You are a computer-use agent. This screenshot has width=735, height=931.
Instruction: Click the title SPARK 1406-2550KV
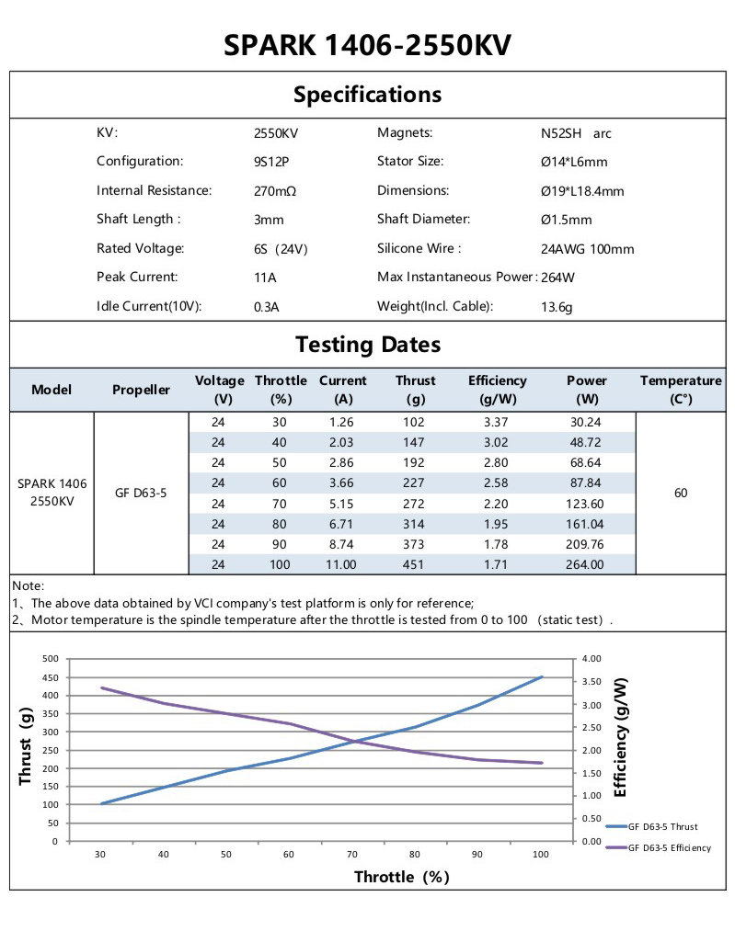pos(367,45)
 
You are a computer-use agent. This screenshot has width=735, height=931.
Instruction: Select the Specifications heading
pos(367,95)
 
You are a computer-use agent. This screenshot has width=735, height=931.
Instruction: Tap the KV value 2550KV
pos(276,133)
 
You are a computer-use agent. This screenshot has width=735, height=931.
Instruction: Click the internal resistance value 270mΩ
pos(274,191)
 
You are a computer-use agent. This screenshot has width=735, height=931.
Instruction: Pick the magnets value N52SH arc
pos(576,133)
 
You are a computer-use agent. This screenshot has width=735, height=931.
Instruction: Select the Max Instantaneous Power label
pos(456,277)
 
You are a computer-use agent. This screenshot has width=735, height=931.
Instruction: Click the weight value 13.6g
pos(557,307)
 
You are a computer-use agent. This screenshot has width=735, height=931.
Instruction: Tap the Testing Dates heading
pos(367,345)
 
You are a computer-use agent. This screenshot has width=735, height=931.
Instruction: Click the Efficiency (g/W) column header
pos(497,390)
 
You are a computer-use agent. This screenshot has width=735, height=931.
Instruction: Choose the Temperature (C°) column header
pos(681,390)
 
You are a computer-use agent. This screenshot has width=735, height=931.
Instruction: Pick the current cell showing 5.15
pos(342,504)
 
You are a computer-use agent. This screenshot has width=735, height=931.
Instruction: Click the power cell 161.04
pos(587,524)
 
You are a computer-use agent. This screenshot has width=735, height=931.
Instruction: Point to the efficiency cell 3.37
pos(497,423)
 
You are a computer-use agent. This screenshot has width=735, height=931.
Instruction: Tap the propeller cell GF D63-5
pos(141,493)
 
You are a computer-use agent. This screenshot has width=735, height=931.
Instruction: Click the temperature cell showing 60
pos(681,493)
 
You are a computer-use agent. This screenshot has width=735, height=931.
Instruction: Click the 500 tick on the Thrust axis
pos(51,659)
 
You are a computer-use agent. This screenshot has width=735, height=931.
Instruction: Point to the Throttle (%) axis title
pos(402,877)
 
